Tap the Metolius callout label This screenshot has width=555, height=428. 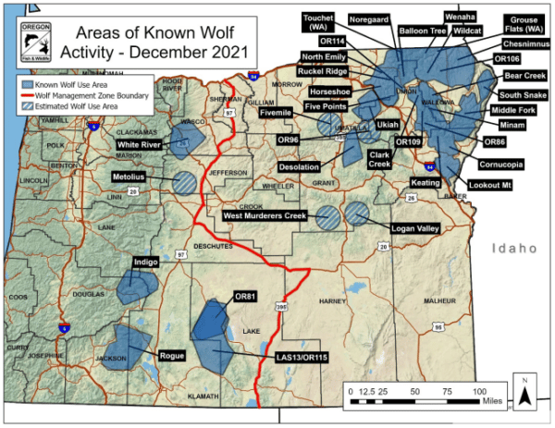pyautogui.click(x=131, y=176)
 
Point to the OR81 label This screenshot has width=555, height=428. pyautogui.click(x=244, y=297)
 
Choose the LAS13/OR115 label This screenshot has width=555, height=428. pyautogui.click(x=292, y=357)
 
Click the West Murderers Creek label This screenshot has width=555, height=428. pyautogui.click(x=265, y=215)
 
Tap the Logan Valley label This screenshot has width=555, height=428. pyautogui.click(x=410, y=226)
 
